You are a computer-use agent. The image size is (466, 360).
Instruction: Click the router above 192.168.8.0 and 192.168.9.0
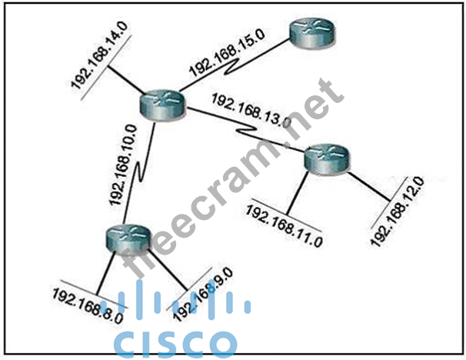point(125,238)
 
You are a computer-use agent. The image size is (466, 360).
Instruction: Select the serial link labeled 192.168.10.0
point(142,173)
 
